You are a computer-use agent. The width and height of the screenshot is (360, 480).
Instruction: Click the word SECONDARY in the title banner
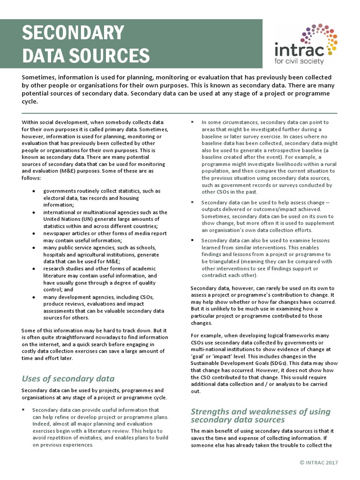(73, 33)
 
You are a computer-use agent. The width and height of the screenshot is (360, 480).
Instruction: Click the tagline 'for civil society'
(300, 61)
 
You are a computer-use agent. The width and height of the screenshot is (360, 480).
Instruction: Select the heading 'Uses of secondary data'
(68, 378)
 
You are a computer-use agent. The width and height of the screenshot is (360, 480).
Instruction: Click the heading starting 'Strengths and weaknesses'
(260, 415)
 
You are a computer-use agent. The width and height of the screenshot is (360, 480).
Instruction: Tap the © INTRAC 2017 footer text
(319, 463)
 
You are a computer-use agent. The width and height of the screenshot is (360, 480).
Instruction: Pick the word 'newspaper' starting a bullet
(57, 233)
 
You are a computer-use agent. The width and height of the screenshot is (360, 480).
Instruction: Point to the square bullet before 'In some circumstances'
(193, 122)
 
